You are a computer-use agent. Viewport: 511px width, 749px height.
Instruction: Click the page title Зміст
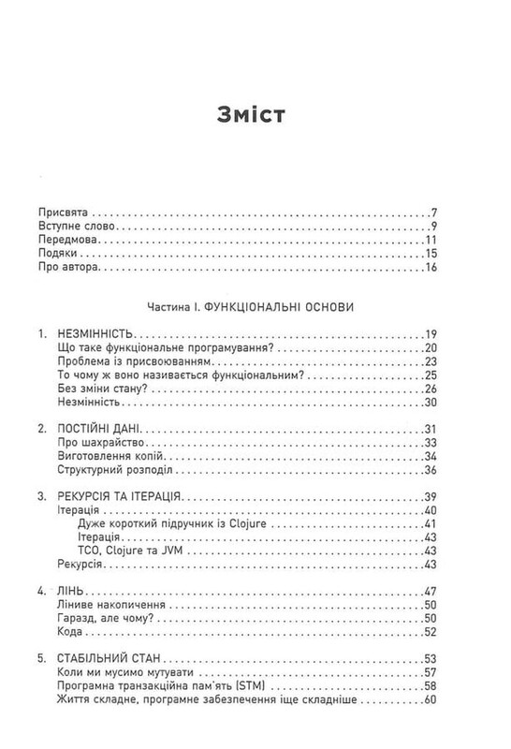tap(255, 116)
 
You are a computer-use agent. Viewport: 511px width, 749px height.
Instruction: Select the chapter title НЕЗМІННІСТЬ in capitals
tap(97, 334)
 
